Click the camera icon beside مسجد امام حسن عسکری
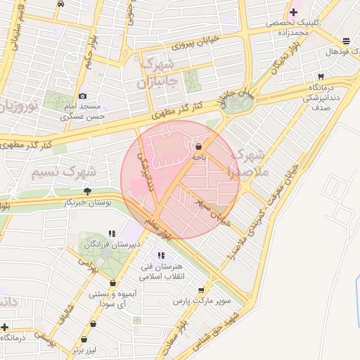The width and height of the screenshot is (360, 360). coord(83,96)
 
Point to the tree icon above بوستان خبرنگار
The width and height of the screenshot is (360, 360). coord(87,191)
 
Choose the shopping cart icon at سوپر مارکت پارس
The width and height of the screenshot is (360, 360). coord(202,290)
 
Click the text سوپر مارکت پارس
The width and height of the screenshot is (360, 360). coord(202,301)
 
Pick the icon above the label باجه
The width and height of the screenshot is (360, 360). coord(199,147)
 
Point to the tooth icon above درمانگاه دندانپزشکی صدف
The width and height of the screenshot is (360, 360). coord(321,76)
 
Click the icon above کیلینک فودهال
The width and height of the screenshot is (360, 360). coord(346,41)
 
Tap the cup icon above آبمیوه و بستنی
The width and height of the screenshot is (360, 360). coord(112,284)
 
